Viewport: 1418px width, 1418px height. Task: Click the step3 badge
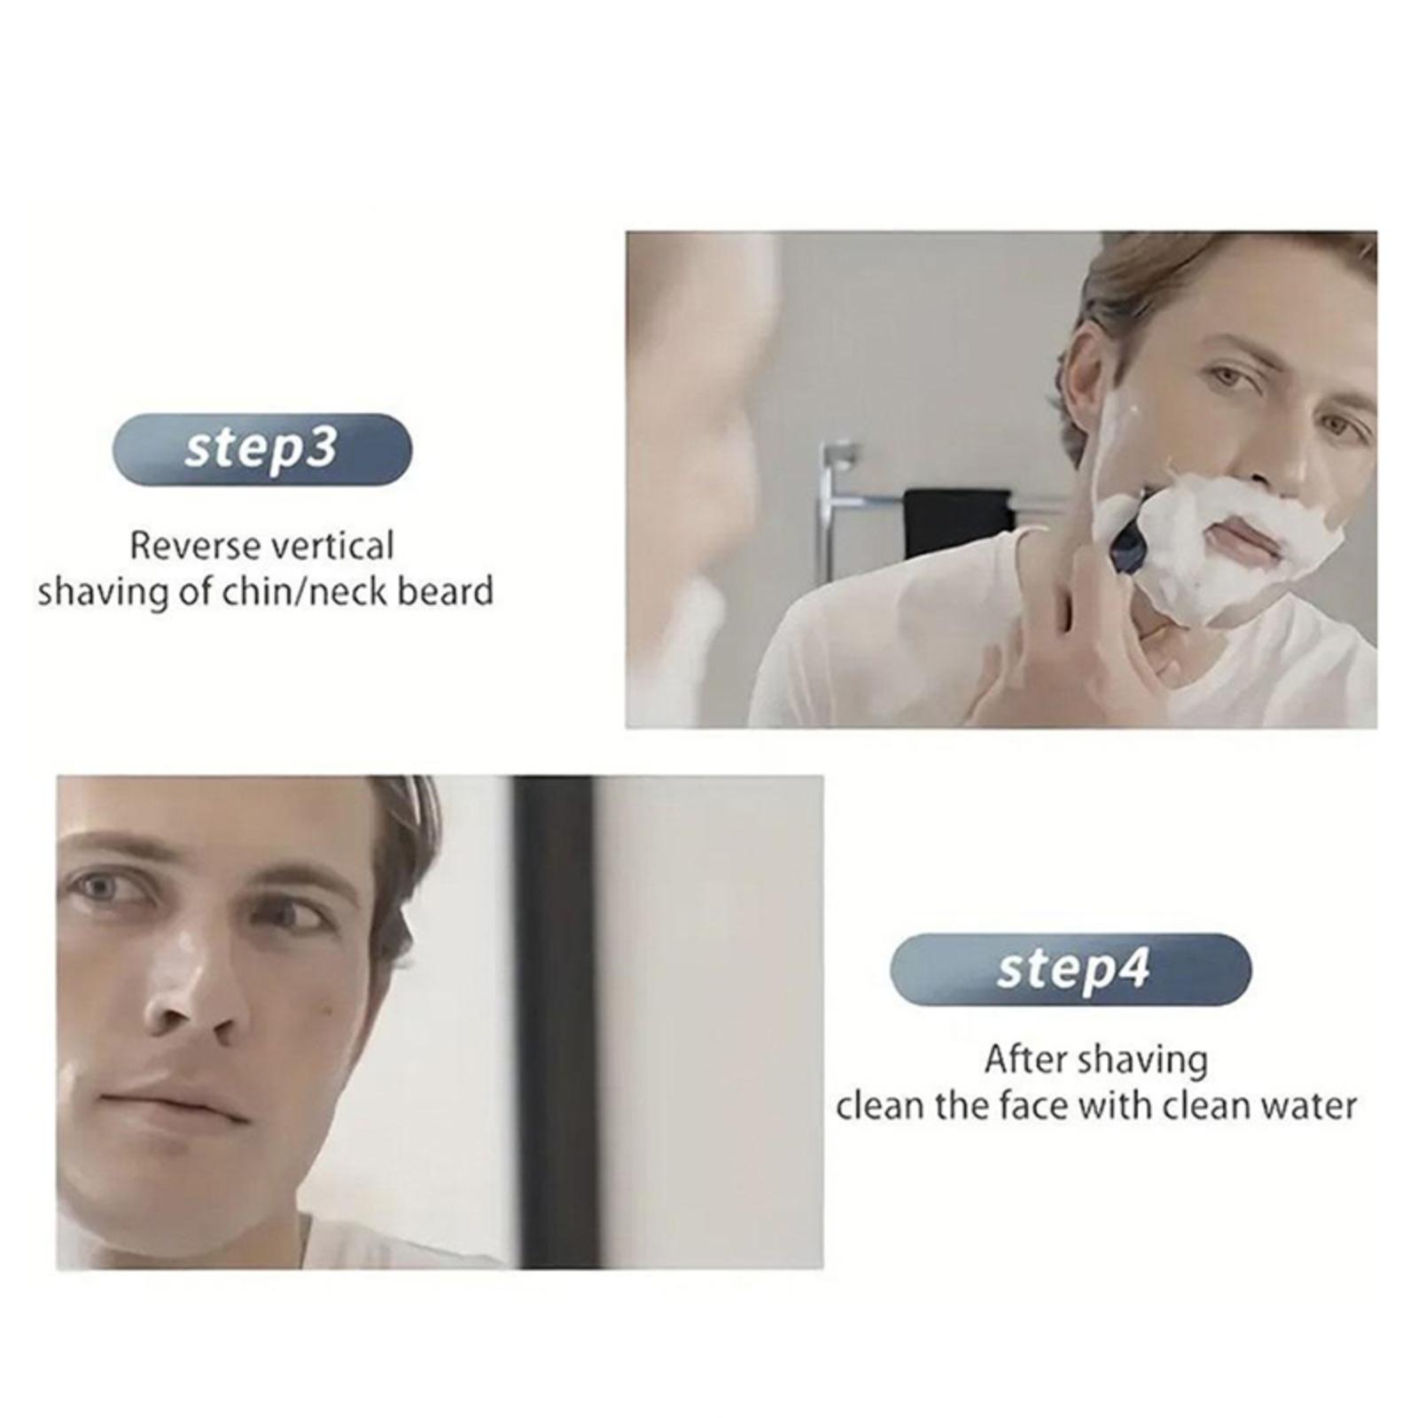coord(262,449)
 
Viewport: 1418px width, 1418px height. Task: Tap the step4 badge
coord(1071,970)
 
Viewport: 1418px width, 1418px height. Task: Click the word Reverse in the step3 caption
coord(192,546)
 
